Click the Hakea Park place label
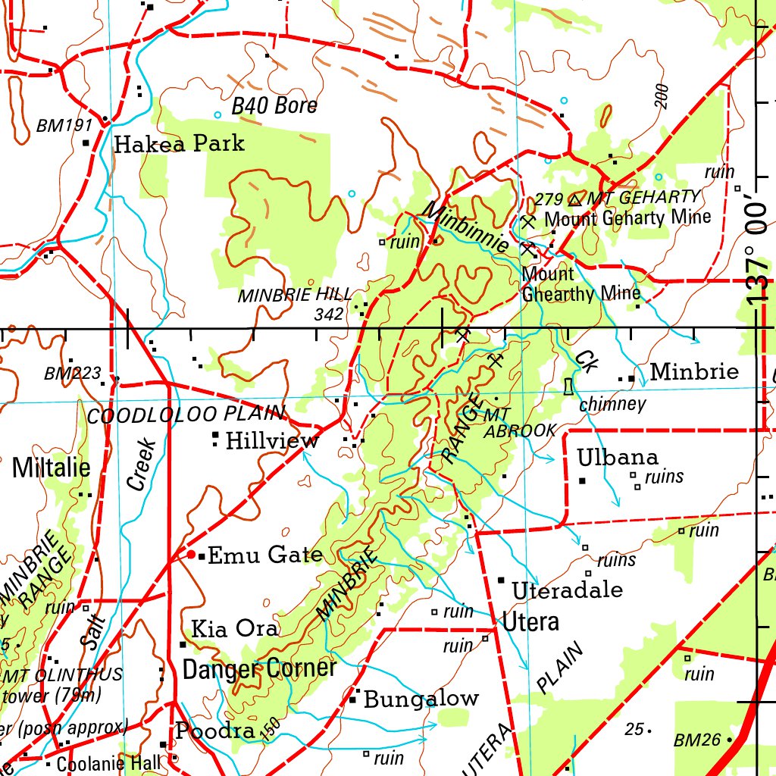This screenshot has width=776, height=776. pos(179,143)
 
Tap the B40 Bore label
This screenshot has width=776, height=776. pos(274,106)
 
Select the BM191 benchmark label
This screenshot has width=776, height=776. pos(64,126)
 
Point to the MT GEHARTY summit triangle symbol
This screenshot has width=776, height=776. pos(574,199)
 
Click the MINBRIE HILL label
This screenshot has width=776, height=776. pos(295,296)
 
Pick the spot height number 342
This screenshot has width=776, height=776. pos(330,313)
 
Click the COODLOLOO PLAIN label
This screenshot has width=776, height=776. pos(186,415)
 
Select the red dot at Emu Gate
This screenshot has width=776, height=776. pos(192,555)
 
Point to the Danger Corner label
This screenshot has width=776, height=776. pos(259,668)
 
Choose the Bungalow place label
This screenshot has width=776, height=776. pos(421,699)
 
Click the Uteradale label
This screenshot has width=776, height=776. pos(567,590)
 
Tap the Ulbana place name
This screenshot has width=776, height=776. pos(618,458)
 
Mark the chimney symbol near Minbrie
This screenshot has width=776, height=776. pos(568,386)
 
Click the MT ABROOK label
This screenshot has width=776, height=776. pos(520,423)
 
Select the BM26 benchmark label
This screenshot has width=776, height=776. pos(697,740)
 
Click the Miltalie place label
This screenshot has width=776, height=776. pos(51,468)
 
